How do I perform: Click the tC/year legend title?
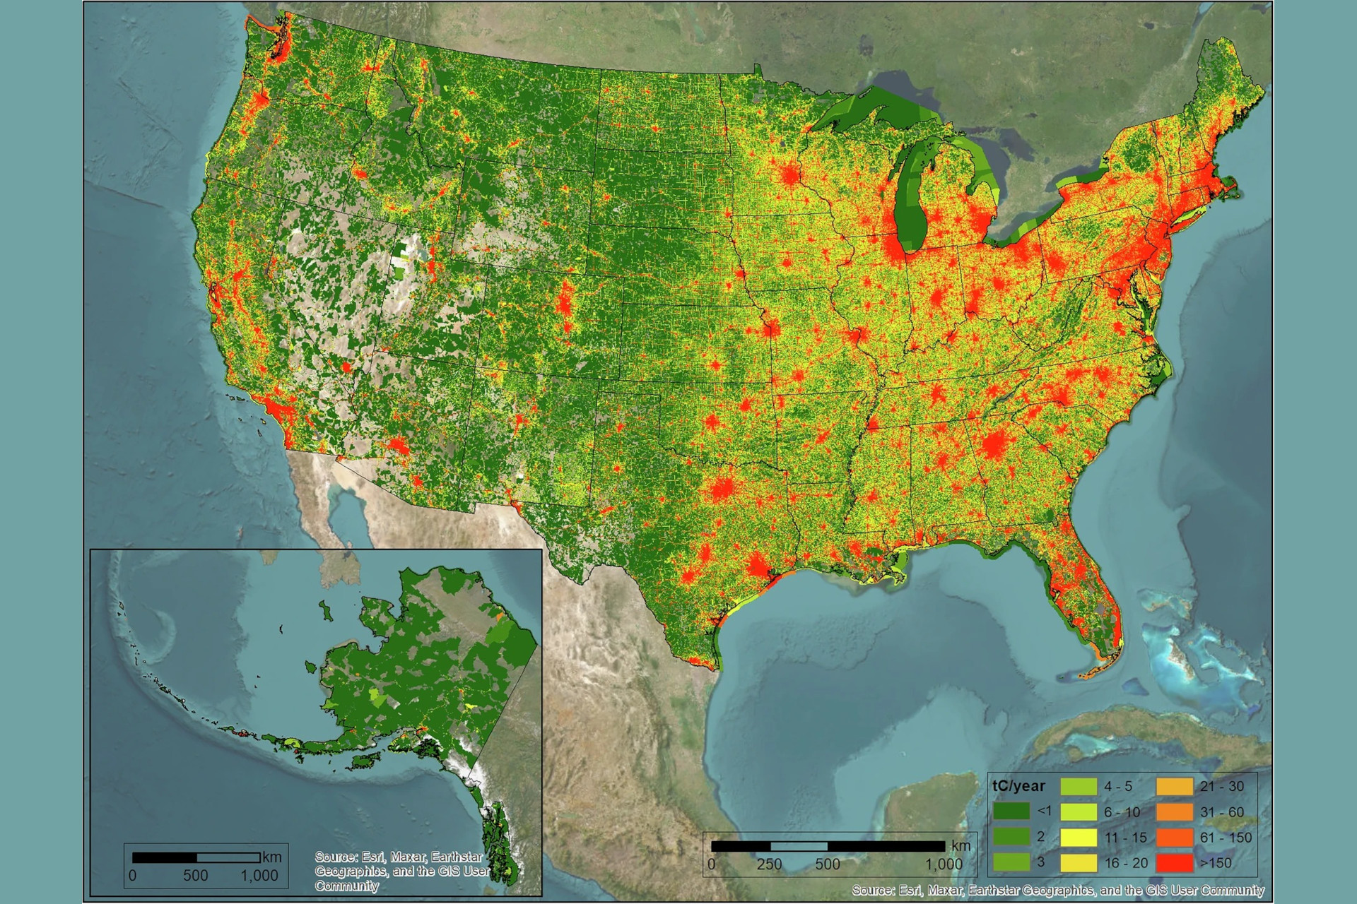[x=1018, y=786]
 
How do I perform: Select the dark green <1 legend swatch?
[x=1011, y=811]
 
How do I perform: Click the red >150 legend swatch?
[x=1175, y=863]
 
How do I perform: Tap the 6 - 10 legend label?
[x=1122, y=812]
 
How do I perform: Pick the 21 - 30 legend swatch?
[x=1175, y=786]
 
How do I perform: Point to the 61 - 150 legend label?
[x=1226, y=838]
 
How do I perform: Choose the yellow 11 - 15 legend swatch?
[x=1079, y=838]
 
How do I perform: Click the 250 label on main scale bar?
[x=769, y=864]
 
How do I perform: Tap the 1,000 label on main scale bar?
[x=944, y=864]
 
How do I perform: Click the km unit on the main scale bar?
[x=961, y=845]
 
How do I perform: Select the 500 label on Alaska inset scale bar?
[x=196, y=876]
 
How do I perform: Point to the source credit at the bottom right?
[x=1057, y=890]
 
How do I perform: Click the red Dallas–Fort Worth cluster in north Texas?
[x=722, y=489]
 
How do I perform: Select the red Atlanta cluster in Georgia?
[x=994, y=445]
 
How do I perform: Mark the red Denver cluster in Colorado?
[x=565, y=304]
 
